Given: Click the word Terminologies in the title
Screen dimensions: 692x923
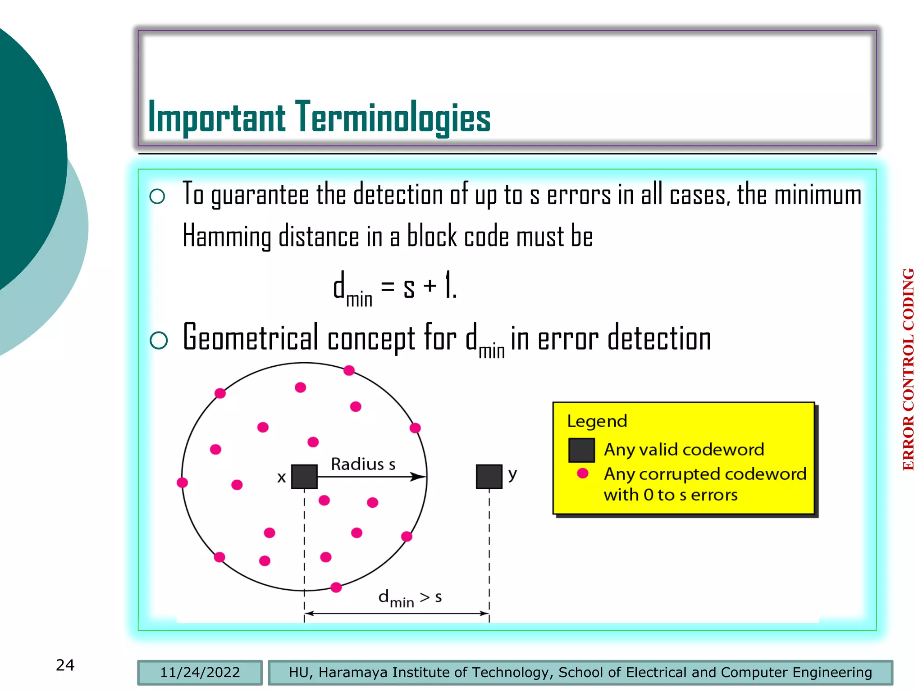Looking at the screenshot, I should click(x=393, y=117).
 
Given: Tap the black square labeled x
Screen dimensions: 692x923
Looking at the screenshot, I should click(x=304, y=477).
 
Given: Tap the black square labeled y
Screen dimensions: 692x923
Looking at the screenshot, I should click(x=489, y=477).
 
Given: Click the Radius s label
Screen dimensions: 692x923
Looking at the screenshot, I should click(x=363, y=464).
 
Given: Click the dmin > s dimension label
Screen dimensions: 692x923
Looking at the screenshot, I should click(x=409, y=598).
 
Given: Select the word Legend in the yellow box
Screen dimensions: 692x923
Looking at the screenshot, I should click(x=597, y=421).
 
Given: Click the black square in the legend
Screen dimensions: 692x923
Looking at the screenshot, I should click(x=581, y=450).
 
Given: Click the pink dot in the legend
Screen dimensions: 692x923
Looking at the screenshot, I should click(x=582, y=473).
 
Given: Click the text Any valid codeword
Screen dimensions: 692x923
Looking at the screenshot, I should click(x=684, y=450).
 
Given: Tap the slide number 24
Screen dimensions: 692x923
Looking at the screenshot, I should click(x=65, y=665).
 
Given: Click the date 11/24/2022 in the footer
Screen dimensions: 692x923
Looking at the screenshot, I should click(x=200, y=673).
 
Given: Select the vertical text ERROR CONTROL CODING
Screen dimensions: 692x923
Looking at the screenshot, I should click(x=908, y=369).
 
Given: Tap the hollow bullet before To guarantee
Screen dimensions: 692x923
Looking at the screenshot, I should click(x=157, y=196).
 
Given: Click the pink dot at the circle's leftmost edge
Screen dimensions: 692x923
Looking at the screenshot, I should click(x=182, y=483).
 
